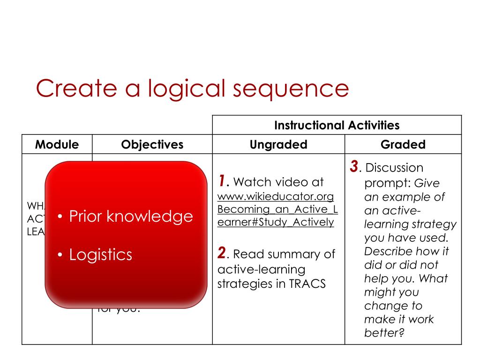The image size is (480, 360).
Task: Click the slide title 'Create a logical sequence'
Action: (192, 88)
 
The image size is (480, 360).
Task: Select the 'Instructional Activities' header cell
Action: (337, 125)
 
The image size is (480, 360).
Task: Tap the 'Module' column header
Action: (57, 144)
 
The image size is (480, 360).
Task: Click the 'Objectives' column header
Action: (152, 144)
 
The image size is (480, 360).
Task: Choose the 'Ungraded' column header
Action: (278, 144)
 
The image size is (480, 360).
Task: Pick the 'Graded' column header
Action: (403, 144)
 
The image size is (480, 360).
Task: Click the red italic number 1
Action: (223, 181)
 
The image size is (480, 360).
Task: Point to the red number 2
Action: (222, 254)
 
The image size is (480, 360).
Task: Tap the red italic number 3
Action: (354, 166)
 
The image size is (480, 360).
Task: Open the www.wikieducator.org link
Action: (276, 195)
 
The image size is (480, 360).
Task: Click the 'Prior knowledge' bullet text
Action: (131, 216)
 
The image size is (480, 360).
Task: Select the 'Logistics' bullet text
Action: (100, 255)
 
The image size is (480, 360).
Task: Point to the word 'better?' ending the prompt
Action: (384, 333)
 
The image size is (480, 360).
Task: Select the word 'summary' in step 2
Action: (285, 255)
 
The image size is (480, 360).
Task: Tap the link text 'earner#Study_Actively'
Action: (276, 222)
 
